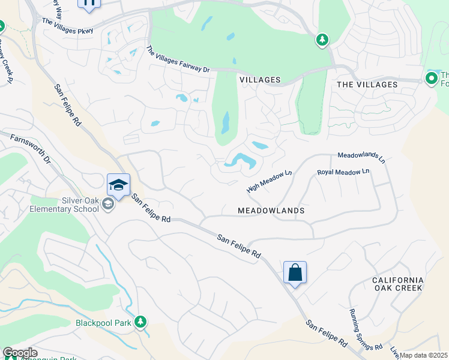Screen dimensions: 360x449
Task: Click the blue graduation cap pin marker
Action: click(x=118, y=184)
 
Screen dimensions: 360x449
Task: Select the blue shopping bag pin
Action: click(x=295, y=273)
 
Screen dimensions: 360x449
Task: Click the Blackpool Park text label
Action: click(x=104, y=322)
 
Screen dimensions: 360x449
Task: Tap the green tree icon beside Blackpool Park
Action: click(x=140, y=322)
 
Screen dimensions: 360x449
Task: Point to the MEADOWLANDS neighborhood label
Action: click(x=271, y=211)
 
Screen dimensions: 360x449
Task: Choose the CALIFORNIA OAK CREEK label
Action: click(x=397, y=284)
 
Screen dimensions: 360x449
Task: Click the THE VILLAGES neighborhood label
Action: click(x=367, y=85)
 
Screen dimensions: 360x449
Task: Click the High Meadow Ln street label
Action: click(x=269, y=181)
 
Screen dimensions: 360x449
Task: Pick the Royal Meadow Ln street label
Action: click(x=343, y=173)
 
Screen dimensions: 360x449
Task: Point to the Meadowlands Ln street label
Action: click(x=361, y=157)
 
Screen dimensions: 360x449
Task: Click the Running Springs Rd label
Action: click(x=367, y=329)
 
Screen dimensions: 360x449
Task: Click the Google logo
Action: click(x=20, y=353)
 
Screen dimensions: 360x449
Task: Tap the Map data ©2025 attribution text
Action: click(x=424, y=355)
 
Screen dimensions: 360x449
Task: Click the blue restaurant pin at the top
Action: click(x=89, y=4)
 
